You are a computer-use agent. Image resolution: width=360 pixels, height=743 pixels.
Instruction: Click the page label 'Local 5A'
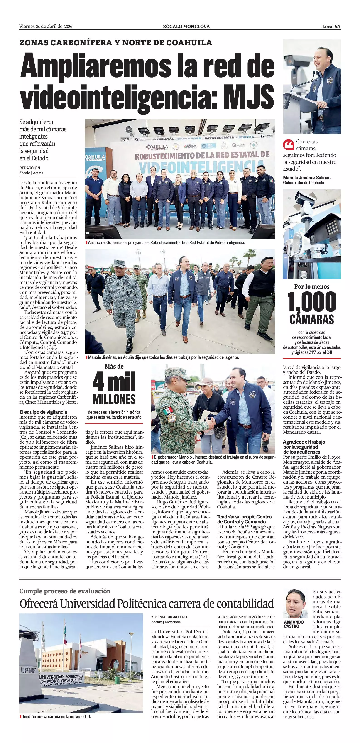(331, 27)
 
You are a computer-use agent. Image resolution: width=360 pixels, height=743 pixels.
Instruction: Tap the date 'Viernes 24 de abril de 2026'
(46, 27)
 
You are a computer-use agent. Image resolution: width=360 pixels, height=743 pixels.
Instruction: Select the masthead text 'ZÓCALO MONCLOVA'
(186, 27)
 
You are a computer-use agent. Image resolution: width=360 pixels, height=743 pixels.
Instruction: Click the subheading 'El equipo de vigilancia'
(43, 412)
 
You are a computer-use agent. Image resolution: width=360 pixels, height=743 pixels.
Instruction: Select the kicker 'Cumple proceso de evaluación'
(65, 591)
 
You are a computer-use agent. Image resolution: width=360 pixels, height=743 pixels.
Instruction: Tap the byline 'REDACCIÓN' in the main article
(30, 168)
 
